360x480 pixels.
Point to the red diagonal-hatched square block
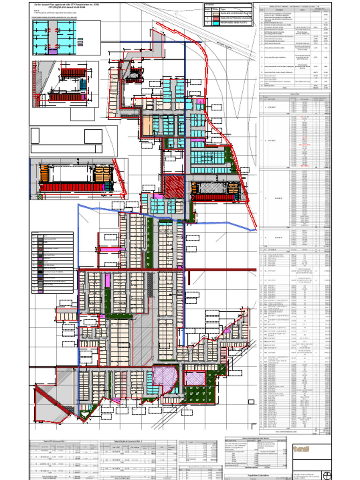click(x=174, y=186)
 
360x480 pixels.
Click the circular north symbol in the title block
click(x=327, y=473)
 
